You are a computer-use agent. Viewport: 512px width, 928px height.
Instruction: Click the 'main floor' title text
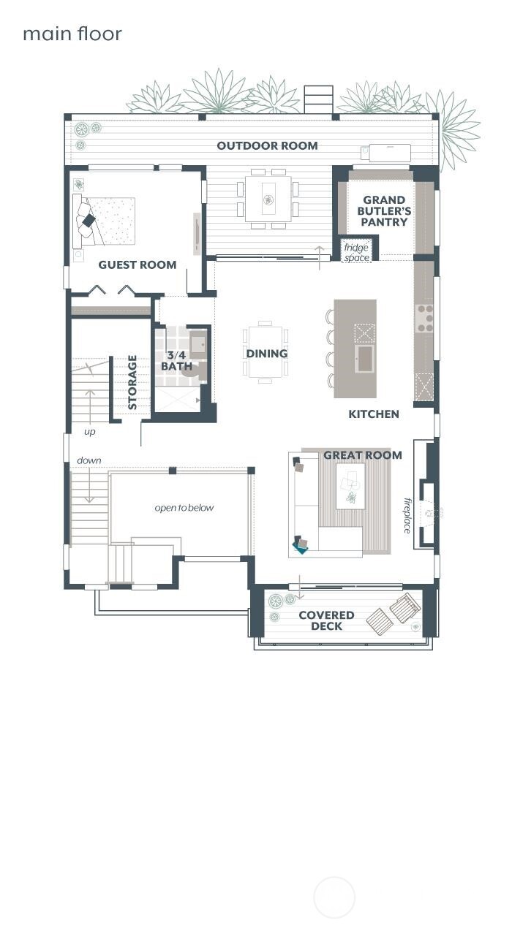pos(72,34)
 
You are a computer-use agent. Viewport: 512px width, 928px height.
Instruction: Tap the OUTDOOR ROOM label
pos(267,145)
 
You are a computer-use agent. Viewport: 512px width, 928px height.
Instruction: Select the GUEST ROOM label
pos(138,265)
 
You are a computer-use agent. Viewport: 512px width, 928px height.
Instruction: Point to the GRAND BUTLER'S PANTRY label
pos(384,210)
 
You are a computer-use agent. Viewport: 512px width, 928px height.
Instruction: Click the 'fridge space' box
pos(357,252)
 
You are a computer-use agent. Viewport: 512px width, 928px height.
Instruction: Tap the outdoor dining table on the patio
pos(268,198)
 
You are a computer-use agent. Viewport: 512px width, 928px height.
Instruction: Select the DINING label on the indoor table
pos(266,354)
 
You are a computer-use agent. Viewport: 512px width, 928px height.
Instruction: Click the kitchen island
pos(355,349)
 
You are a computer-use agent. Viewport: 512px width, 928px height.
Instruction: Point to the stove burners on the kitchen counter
pos(424,319)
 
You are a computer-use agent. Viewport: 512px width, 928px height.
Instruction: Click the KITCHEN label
pos(374,414)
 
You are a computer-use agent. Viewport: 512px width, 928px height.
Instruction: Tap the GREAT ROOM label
pos(363,455)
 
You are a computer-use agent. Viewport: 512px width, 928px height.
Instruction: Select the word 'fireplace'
pos(407,515)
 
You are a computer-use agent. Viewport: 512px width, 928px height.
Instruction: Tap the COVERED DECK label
pos(326,620)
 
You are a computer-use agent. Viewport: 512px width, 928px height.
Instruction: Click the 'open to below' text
pos(184,508)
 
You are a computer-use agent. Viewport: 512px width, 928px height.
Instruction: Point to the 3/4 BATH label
pos(177,360)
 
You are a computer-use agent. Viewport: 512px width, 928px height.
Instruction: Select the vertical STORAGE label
pos(132,382)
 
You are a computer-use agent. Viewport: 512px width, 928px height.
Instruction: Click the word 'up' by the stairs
pos(89,432)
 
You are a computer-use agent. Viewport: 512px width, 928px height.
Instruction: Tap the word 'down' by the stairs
pos(89,460)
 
